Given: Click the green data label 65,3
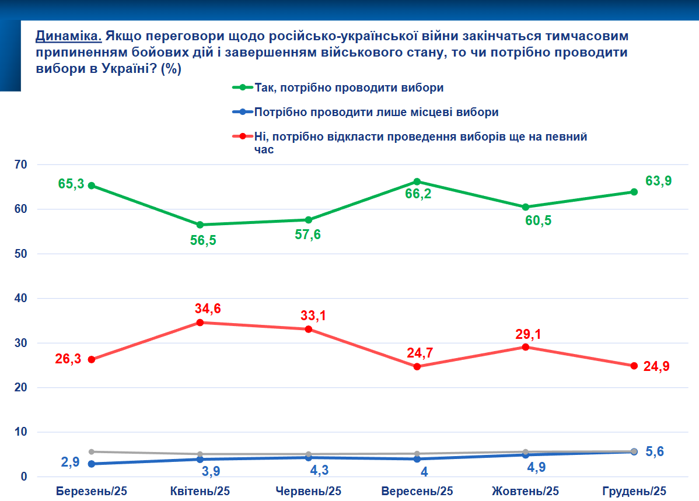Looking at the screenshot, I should coord(71,184).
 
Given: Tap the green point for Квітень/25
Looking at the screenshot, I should coord(200,225).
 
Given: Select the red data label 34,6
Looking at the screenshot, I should coord(208,309).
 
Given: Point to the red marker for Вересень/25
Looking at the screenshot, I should coord(417,366).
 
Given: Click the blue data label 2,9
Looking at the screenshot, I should coord(71,463).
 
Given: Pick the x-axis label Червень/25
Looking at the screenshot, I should coord(308,491).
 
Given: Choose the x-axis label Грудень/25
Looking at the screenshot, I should coord(634,491).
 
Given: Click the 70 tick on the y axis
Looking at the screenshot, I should coord(21,164).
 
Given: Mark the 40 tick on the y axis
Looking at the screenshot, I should coord(21,299).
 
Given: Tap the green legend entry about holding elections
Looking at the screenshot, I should coord(349,88).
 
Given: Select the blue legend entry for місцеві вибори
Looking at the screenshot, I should coord(376,112).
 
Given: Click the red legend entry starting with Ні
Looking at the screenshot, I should coord(420,137).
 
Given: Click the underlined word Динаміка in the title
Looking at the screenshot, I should coord(69,36).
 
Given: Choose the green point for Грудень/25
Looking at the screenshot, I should coord(634,192).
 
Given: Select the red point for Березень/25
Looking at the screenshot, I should coord(92,359).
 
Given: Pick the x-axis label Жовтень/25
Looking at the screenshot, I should coord(525,491).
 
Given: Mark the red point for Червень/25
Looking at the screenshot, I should coord(309,329).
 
